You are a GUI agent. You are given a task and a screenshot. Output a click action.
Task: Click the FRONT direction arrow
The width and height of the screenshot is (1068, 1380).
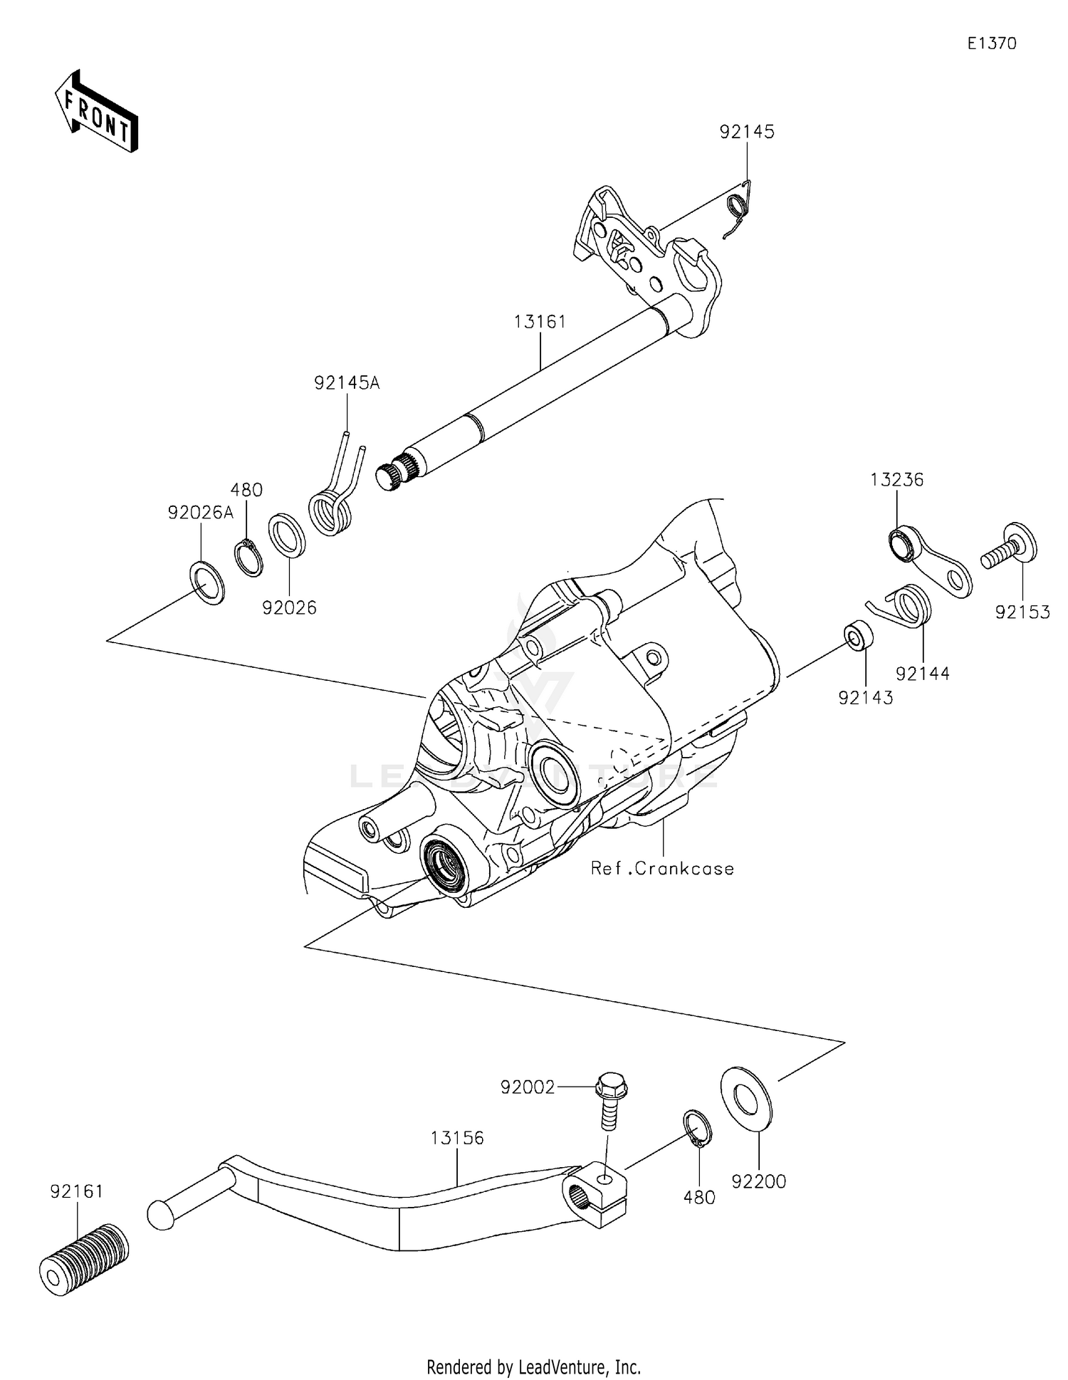point(96,112)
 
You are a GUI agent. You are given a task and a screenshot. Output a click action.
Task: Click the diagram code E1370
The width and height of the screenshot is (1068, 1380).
point(991,43)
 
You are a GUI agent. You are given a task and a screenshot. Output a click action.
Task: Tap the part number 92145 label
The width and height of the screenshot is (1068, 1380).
point(746,132)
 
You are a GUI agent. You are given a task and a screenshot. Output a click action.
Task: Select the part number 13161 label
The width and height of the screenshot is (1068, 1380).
point(540,322)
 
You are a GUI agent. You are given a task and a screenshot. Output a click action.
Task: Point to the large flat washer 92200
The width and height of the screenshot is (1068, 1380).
point(745,1098)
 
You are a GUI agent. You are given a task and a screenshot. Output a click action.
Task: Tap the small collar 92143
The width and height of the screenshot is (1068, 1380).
point(858,634)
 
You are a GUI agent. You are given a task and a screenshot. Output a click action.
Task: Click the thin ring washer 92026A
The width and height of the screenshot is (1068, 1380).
point(206,582)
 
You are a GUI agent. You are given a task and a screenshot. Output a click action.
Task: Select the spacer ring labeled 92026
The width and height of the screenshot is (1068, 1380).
point(287,533)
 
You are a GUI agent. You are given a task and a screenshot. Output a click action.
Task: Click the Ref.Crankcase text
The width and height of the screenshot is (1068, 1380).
point(662,869)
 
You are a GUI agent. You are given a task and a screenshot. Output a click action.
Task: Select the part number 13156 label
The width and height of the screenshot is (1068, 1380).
point(456,1138)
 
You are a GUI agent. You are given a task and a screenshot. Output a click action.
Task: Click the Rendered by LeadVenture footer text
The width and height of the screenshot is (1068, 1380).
point(533,1366)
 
